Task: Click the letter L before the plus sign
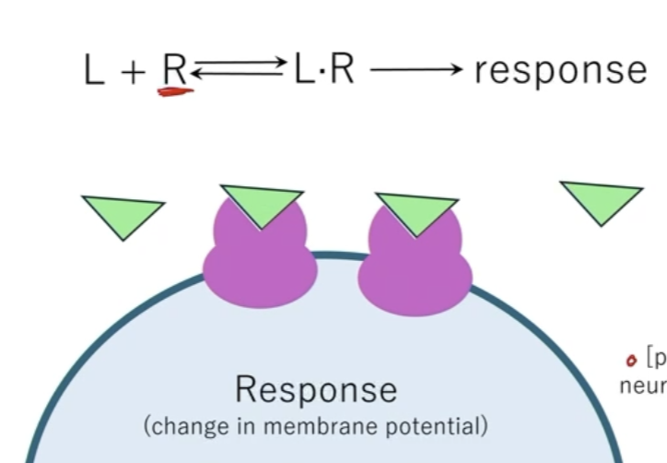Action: point(93,70)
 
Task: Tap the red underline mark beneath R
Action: point(175,91)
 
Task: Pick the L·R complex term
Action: point(324,69)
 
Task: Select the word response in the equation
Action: point(560,70)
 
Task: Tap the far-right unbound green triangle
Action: point(601,201)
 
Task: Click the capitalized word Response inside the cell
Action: point(316,390)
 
